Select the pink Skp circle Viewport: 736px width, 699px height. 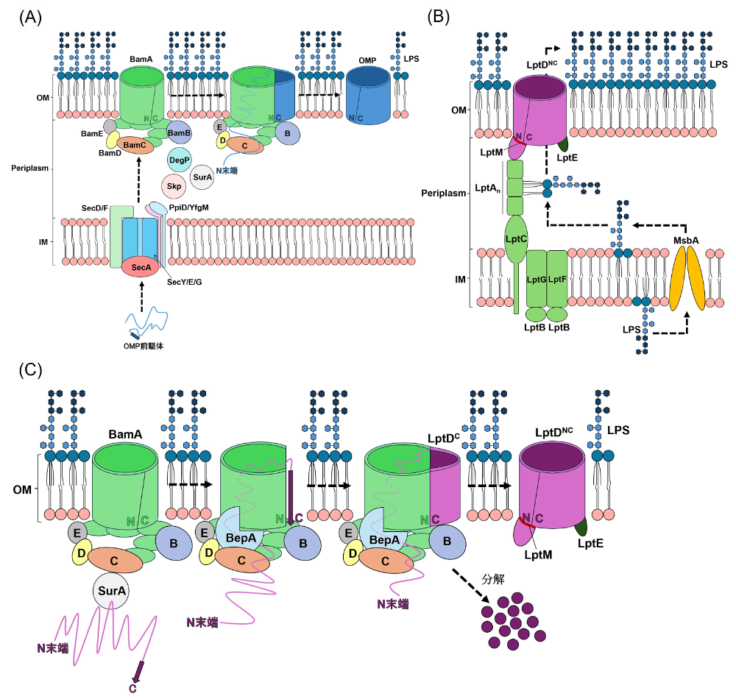174,187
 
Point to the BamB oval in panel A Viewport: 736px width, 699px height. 180,133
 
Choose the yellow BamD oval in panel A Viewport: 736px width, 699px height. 114,142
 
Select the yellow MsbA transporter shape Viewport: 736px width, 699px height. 687,275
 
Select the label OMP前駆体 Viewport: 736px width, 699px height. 142,344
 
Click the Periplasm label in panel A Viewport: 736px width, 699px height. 31,168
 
